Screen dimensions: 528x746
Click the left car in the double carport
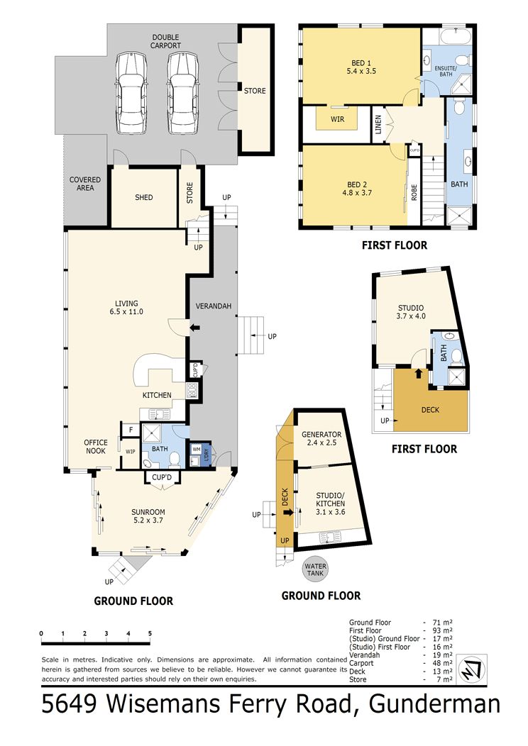point(131,94)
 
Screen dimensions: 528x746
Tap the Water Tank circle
point(315,569)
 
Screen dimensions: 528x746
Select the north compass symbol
point(471,669)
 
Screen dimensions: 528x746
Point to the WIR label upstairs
point(338,119)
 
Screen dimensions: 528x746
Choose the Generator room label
point(321,438)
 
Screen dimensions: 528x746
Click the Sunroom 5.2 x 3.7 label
point(148,516)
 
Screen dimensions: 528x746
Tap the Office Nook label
point(96,447)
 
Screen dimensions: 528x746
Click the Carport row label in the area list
point(361,663)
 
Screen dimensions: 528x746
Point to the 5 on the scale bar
point(150,633)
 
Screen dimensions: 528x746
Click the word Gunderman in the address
point(434,704)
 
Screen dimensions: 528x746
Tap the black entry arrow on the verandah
point(194,328)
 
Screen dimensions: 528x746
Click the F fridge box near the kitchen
point(131,430)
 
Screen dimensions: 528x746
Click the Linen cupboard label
point(378,124)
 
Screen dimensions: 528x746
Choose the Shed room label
point(144,197)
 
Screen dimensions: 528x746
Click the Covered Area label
point(85,184)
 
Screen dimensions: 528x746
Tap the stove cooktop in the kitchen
point(192,390)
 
